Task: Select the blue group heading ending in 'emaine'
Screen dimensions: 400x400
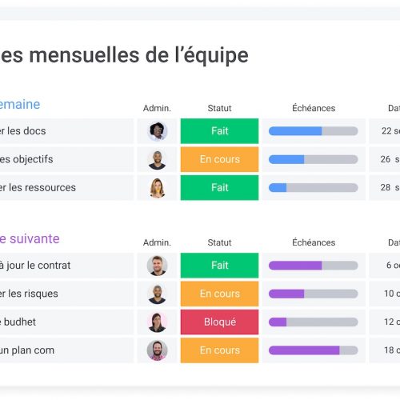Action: pyautogui.click(x=20, y=105)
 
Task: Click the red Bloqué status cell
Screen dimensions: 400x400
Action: pyautogui.click(x=219, y=322)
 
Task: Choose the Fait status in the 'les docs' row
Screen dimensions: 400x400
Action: pyautogui.click(x=219, y=131)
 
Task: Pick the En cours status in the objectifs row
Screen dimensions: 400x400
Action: pyautogui.click(x=219, y=159)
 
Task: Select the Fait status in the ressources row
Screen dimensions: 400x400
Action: pyautogui.click(x=219, y=187)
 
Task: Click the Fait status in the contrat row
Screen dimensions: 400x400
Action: pyautogui.click(x=219, y=266)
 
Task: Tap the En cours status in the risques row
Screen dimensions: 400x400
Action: pyautogui.click(x=219, y=294)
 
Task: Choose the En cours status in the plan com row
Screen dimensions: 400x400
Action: pyautogui.click(x=219, y=350)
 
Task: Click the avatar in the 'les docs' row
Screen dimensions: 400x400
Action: pyautogui.click(x=157, y=131)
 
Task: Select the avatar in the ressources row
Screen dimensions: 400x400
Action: pyautogui.click(x=157, y=187)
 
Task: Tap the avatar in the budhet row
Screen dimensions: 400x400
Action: pyautogui.click(x=157, y=322)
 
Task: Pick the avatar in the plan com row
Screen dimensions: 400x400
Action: pyautogui.click(x=157, y=350)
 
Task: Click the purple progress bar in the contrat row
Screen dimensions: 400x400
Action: pyautogui.click(x=313, y=266)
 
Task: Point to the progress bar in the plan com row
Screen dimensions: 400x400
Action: pyautogui.click(x=313, y=350)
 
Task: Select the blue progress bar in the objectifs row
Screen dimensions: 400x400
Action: pyautogui.click(x=313, y=159)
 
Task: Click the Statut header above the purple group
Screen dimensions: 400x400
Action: pyautogui.click(x=219, y=242)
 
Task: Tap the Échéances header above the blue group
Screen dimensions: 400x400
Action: pyautogui.click(x=314, y=108)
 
